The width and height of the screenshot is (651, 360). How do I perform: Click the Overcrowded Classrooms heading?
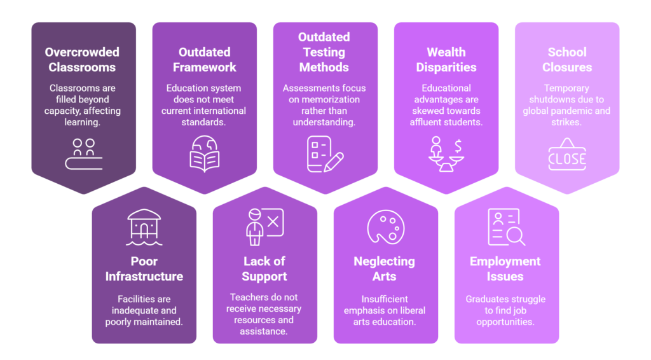(x=82, y=60)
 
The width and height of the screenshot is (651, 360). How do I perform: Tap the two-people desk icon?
(x=84, y=154)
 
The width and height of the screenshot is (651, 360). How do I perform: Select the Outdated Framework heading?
(x=204, y=60)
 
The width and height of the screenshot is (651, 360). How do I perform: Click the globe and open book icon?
(x=204, y=154)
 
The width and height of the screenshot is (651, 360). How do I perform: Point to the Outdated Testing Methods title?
(x=324, y=52)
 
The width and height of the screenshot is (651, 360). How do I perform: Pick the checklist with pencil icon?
(x=325, y=154)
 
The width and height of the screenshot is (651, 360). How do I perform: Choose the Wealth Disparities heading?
(x=446, y=60)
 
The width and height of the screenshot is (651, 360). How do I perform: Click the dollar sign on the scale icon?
(x=458, y=146)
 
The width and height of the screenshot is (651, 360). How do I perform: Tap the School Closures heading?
(x=567, y=60)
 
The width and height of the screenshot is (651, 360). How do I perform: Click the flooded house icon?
(x=144, y=227)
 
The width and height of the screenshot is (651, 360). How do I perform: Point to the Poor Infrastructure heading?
(x=144, y=268)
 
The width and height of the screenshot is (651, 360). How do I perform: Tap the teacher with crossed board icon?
(x=264, y=226)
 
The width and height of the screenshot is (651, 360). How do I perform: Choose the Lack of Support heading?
(x=264, y=268)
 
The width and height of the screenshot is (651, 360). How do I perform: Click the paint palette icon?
(x=386, y=226)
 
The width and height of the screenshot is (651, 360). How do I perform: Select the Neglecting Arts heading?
(x=385, y=268)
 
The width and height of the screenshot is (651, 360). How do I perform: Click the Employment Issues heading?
(x=505, y=268)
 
